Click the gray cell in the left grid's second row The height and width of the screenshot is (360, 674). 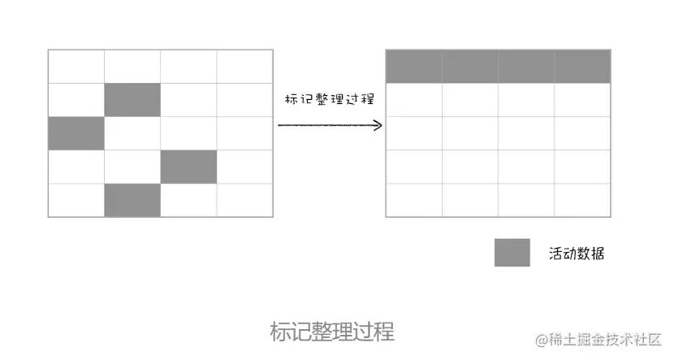pos(132,99)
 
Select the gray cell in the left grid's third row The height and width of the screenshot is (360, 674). pos(76,133)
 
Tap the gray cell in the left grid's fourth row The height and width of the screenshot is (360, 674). pos(188,167)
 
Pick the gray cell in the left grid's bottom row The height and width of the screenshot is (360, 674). pos(132,200)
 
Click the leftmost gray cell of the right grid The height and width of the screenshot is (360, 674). pos(414,66)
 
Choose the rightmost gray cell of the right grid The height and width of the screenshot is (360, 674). pos(582,66)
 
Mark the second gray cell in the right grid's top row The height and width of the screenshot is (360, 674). pos(470,66)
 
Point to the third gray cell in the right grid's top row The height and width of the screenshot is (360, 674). pos(526,66)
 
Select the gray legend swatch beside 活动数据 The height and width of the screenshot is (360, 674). pos(512,253)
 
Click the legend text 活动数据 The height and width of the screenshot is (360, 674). pos(577,254)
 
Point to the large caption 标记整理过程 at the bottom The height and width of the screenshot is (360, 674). pos(332,332)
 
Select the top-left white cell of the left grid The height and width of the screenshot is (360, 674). pos(76,66)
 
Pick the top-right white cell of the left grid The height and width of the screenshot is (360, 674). pos(244,66)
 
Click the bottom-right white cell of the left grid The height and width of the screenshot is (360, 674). pos(244,200)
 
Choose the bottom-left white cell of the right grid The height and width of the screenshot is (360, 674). pos(414,200)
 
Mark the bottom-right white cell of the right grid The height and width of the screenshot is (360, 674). pos(582,200)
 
